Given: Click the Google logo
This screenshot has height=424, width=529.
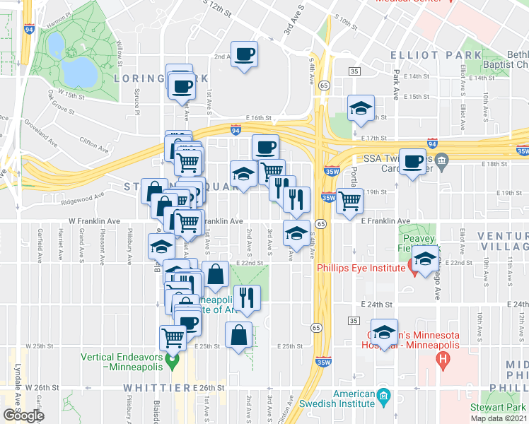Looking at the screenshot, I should pyautogui.click(x=23, y=415).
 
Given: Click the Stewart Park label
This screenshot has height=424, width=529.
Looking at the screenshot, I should pyautogui.click(x=499, y=408).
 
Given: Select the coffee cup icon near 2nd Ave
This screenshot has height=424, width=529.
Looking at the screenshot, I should pyautogui.click(x=244, y=54).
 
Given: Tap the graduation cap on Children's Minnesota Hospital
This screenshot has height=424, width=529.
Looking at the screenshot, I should pyautogui.click(x=383, y=333).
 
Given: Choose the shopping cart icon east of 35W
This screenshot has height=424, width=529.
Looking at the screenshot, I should pyautogui.click(x=348, y=201).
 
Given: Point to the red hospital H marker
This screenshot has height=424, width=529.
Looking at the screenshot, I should pyautogui.click(x=443, y=360).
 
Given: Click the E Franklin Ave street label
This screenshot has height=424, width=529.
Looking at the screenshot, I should pyautogui.click(x=385, y=221).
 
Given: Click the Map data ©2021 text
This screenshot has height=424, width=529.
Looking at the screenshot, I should pyautogui.click(x=499, y=418).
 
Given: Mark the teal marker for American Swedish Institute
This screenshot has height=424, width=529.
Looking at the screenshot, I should pyautogui.click(x=383, y=394).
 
